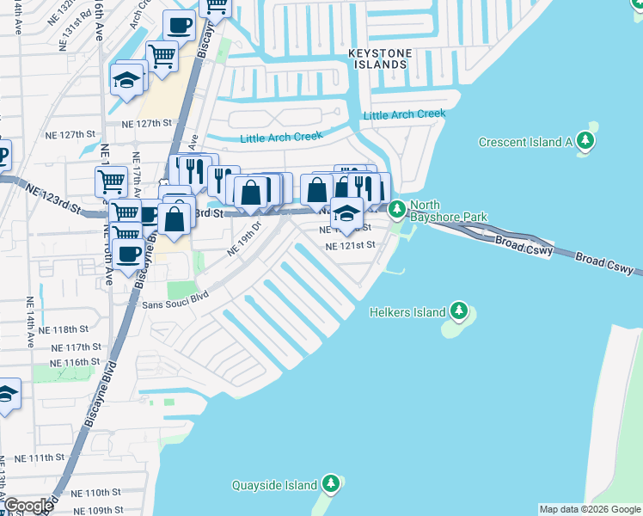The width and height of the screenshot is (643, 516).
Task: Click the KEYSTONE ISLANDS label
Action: click(379, 59)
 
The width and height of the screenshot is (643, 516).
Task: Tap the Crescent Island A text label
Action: click(525, 142)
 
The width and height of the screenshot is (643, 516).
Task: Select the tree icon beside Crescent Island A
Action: click(585, 140)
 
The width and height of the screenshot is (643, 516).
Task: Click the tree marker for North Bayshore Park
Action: click(397, 208)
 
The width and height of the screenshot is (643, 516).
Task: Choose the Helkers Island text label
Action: click(407, 312)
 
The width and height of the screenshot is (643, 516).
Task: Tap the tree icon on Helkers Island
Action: click(459, 310)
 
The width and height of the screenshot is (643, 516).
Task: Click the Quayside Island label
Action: click(273, 485)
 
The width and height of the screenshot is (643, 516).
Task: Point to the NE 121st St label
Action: click(351, 246)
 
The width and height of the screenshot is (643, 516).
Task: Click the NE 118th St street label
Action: click(70, 329)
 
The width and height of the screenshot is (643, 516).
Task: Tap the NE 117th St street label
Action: click(70, 347)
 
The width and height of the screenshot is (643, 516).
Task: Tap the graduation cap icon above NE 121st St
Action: click(346, 213)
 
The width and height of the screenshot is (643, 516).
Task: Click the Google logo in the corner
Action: click(28, 506)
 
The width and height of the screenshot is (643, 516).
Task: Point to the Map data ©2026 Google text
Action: click(590, 509)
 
